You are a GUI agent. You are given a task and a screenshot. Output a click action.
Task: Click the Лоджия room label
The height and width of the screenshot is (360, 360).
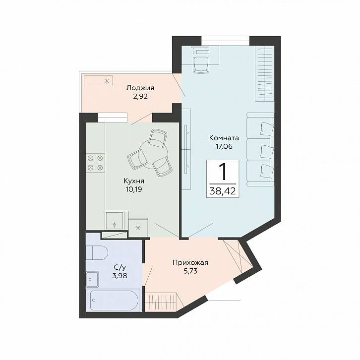140,88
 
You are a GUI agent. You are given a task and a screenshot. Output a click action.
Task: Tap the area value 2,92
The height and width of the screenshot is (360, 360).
140,96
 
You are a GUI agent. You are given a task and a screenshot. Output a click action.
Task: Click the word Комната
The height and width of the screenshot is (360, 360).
224,138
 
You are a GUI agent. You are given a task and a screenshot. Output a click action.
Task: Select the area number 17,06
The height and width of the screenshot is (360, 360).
224,146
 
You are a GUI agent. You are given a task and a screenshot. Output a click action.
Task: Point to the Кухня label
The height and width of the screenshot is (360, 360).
134,181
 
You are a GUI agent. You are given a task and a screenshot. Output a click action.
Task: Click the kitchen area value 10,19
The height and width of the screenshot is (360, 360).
134,189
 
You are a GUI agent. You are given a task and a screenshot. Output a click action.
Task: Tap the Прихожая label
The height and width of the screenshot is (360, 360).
190,262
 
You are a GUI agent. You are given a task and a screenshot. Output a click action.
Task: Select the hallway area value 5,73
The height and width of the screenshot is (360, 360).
190,271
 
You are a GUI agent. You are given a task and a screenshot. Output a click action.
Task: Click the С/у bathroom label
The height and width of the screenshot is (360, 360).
120,267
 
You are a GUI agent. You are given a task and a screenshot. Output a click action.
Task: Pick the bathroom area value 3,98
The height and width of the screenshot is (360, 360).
120,275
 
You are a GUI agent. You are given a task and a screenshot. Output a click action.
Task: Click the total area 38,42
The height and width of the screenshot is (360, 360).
223,190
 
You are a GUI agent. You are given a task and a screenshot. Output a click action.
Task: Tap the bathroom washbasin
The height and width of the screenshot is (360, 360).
92,279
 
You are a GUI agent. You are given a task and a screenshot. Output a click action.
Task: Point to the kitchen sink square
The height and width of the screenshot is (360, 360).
115,220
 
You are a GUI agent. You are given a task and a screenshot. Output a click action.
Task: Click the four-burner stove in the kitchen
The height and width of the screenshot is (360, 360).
95,163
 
